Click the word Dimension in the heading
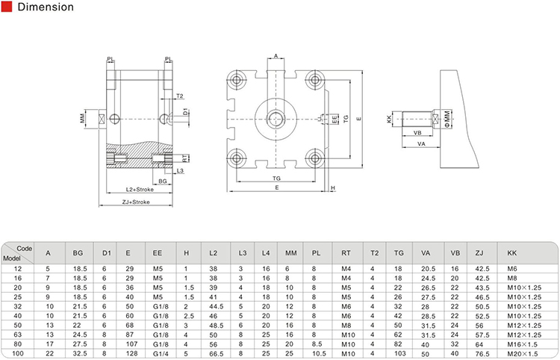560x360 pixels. tap(46, 8)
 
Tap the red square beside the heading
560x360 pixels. tap(7, 8)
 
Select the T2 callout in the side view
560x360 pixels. tap(180, 96)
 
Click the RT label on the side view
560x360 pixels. tap(187, 158)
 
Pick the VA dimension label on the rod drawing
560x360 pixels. tap(421, 143)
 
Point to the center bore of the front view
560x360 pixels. tap(276, 117)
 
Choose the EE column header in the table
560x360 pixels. tap(158, 252)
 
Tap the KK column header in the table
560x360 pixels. tap(511, 252)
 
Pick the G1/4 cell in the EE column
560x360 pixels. tap(158, 354)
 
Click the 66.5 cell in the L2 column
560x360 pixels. tap(214, 354)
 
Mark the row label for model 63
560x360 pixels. tap(19, 335)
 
